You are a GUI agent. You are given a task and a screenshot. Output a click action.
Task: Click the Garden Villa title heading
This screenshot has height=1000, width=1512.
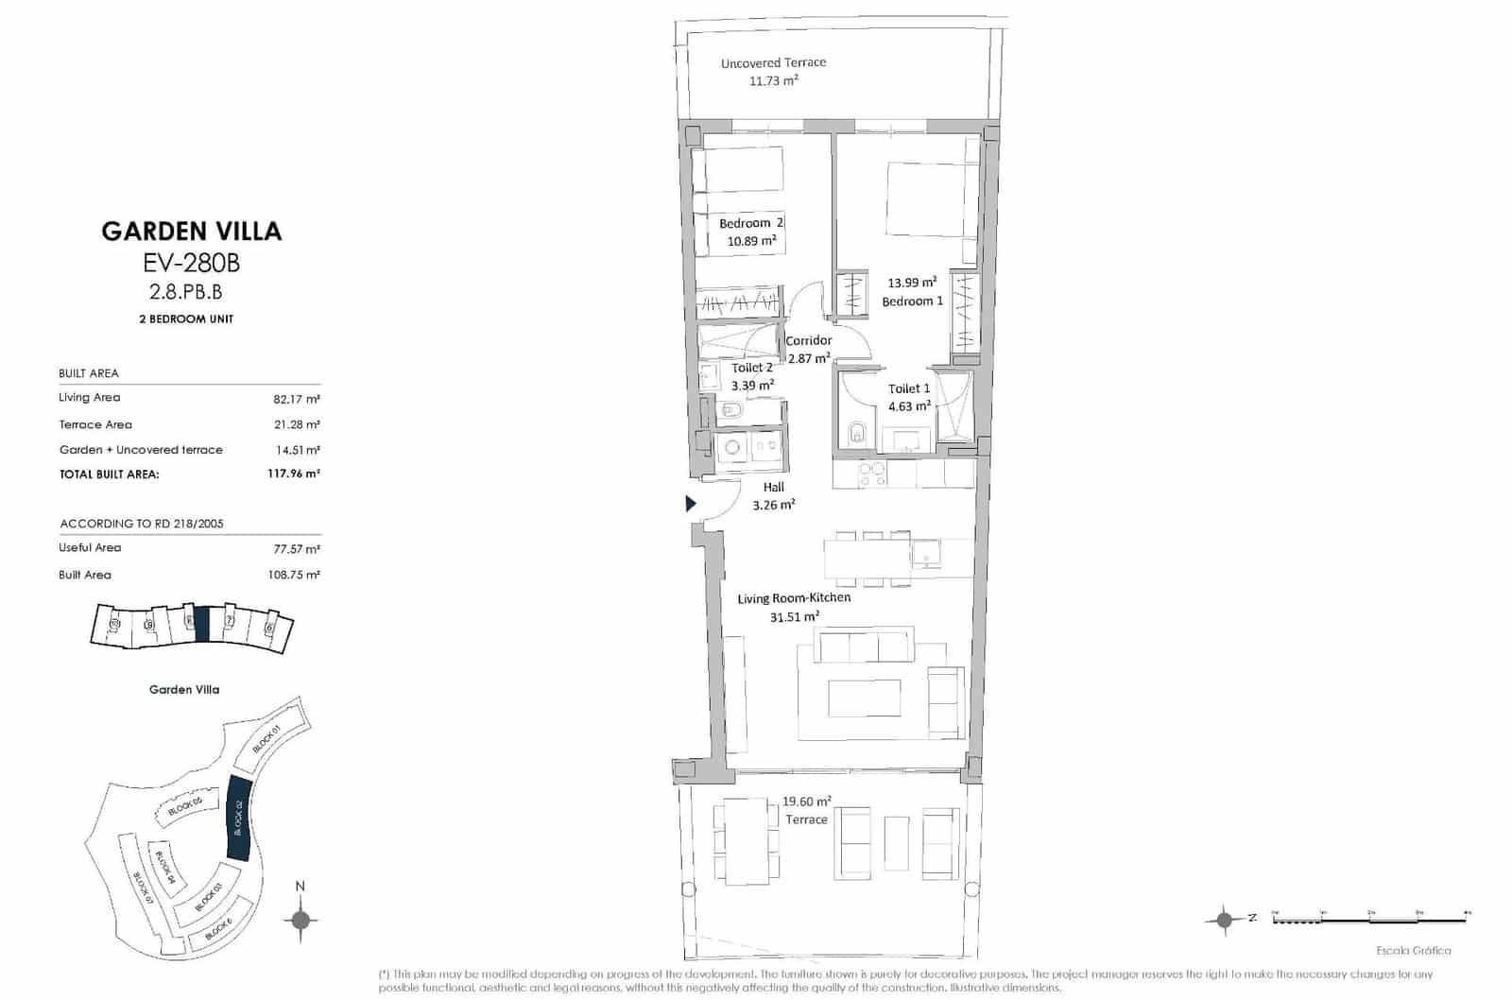[192, 232]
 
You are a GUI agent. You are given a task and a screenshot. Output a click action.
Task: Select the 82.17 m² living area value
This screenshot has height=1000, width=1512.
[296, 399]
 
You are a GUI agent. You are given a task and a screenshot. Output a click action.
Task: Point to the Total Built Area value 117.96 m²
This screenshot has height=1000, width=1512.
[293, 474]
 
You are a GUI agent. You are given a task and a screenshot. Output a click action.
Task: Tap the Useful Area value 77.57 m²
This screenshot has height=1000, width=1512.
[296, 549]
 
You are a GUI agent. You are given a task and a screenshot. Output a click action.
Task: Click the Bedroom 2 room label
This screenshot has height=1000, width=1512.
[750, 223]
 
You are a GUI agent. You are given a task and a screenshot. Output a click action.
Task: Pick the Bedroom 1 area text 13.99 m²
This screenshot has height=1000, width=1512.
[912, 283]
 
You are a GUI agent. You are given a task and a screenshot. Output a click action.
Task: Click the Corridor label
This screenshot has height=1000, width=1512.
[809, 340]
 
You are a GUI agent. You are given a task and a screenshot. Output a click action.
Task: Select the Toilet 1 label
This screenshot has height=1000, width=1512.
[909, 388]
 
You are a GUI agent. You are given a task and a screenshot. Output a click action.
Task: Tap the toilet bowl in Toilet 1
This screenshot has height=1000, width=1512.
[857, 432]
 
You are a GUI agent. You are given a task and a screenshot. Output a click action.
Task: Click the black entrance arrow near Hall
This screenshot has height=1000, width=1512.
[691, 504]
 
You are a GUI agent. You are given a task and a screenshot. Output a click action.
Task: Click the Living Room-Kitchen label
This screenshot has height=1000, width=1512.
[794, 598]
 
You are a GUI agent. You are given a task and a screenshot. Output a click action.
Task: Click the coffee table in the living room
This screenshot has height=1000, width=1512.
[865, 698]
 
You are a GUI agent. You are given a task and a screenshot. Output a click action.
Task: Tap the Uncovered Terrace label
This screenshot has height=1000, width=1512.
[773, 63]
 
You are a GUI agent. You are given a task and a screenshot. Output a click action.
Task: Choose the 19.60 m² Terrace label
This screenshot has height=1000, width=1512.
[806, 810]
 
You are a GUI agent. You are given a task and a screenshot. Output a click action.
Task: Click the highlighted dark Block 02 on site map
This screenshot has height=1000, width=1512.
[238, 818]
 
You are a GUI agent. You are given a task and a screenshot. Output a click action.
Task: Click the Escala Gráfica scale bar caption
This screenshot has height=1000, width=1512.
[1414, 951]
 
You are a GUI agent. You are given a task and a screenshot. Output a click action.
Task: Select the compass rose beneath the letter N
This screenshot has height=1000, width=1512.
[301, 920]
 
